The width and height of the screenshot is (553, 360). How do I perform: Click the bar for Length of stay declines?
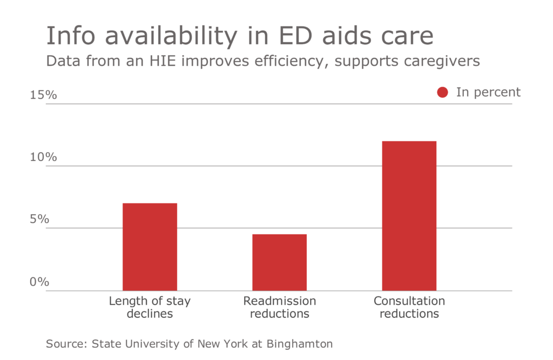(x=150, y=247)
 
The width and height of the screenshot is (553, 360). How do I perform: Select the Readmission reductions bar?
(x=279, y=262)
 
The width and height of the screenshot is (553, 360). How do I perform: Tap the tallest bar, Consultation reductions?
(x=409, y=215)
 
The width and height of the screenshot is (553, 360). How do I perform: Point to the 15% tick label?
(x=43, y=95)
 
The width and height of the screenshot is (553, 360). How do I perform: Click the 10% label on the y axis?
(x=43, y=157)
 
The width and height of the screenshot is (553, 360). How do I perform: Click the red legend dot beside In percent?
(x=443, y=92)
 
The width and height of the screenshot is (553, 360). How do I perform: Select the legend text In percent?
(x=488, y=92)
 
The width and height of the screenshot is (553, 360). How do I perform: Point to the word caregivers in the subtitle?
(x=445, y=62)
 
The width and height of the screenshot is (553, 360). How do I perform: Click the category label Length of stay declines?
(x=150, y=307)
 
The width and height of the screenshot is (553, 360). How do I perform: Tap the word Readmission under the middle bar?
(x=279, y=301)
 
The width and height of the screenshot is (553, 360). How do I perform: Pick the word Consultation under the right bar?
(x=409, y=301)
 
